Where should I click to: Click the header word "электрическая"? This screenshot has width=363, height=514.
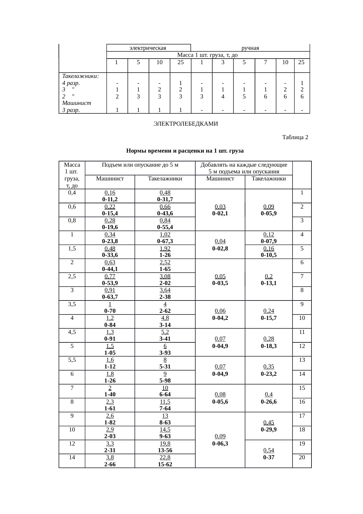click(x=148, y=48)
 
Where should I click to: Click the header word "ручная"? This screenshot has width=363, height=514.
click(x=250, y=48)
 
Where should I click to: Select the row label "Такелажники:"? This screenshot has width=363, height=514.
click(x=81, y=76)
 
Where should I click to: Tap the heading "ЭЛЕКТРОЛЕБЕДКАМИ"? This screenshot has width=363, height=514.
click(x=186, y=124)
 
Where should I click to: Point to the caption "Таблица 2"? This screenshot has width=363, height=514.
click(x=295, y=137)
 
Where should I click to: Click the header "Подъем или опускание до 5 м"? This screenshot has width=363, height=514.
click(x=140, y=165)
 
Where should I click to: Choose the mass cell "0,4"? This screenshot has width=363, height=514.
click(x=72, y=193)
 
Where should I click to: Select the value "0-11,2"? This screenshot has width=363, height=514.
click(x=110, y=199)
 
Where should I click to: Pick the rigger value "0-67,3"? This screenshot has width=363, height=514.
click(x=165, y=241)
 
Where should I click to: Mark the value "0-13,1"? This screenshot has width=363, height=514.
click(x=269, y=283)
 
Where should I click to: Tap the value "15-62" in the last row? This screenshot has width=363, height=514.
click(x=165, y=464)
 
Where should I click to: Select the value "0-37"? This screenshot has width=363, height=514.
click(x=269, y=457)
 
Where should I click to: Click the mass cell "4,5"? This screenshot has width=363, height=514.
click(x=72, y=332)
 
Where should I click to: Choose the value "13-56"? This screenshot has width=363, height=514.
click(x=165, y=450)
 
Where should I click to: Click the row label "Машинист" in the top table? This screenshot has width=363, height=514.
click(x=77, y=103)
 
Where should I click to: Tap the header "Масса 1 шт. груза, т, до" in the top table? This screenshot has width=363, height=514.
click(x=208, y=55)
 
